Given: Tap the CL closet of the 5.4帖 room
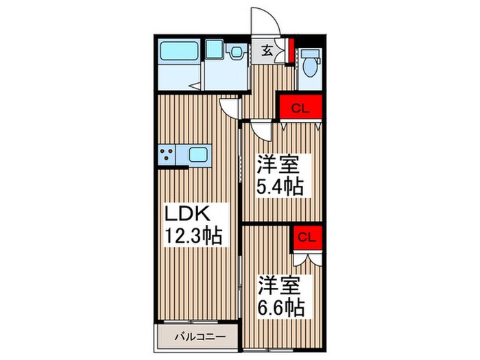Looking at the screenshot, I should click(300, 108).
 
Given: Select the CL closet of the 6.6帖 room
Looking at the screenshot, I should click(307, 238).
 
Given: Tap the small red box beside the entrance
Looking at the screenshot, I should click(291, 49).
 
